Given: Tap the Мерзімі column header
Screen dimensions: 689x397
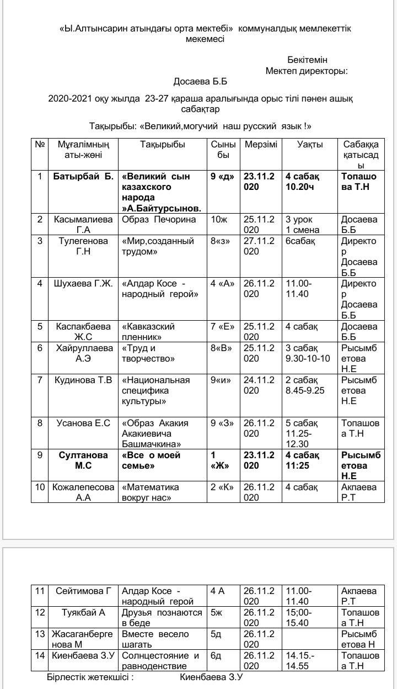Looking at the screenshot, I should pos(261,145).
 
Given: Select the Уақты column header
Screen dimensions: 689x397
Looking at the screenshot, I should pos(310,145).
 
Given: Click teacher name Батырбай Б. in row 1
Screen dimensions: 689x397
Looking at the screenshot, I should pos(83,177).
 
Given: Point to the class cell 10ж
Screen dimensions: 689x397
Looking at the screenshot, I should pos(219,220).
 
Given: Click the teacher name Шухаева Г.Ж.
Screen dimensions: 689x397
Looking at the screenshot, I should pos(83,284).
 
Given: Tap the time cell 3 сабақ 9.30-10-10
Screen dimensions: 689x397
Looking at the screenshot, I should pos(308,353).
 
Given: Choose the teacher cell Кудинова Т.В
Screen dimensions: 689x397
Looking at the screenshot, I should pos(83,380).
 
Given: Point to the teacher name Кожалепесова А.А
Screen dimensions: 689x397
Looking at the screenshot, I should pos(83,492).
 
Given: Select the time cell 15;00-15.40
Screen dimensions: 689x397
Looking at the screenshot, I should pos(299,617).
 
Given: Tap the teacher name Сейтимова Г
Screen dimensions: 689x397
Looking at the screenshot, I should pos(83,591).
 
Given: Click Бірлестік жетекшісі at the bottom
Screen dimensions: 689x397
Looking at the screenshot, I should pos(90,677).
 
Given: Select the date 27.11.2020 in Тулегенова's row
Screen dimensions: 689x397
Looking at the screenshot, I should pos(259,246).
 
